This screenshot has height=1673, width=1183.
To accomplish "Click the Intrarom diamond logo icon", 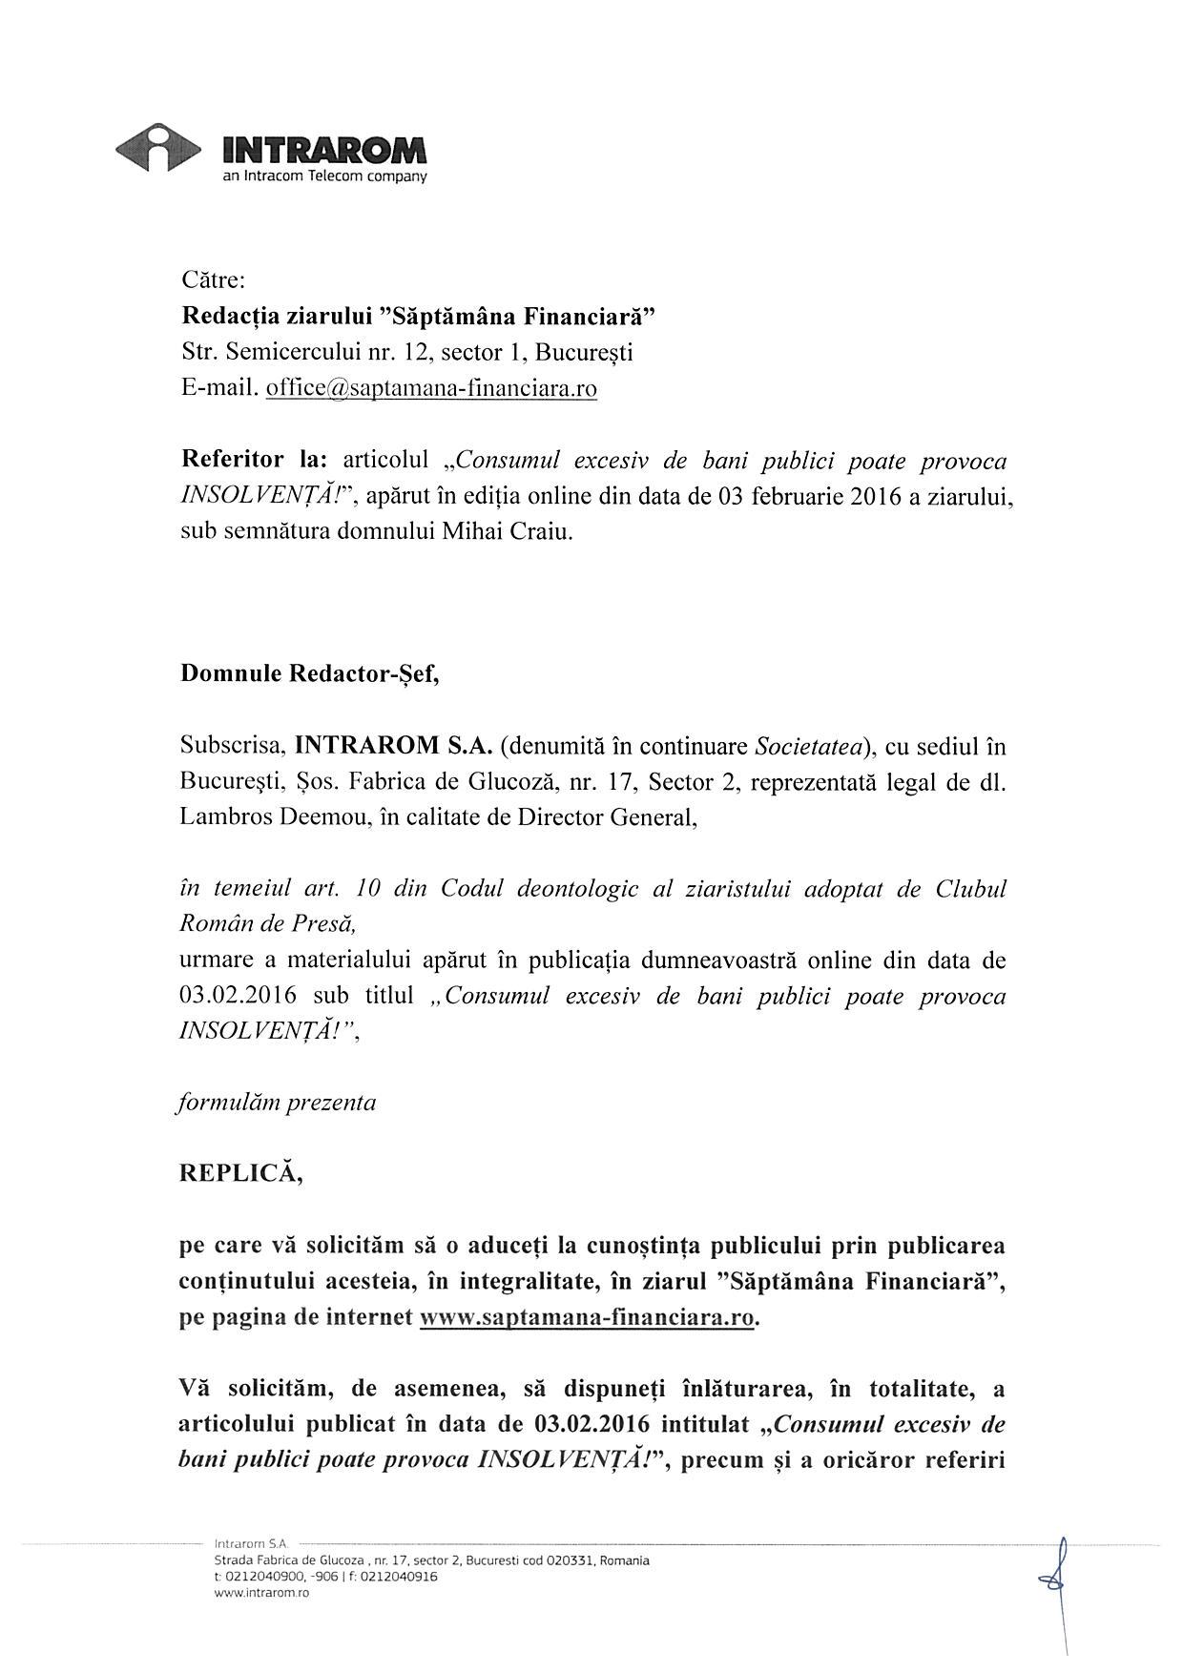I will coord(158,148).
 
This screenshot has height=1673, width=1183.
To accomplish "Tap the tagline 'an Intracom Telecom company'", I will coord(324,176).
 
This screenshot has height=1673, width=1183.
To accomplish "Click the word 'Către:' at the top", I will coord(214,280).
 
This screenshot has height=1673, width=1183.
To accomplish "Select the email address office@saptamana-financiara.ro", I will coord(431,388).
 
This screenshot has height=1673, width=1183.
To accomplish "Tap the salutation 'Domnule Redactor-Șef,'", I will coord(310,673).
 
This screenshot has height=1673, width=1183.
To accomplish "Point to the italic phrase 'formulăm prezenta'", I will coord(278,1103).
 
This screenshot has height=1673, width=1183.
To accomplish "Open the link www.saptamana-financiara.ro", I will coord(588,1318).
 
